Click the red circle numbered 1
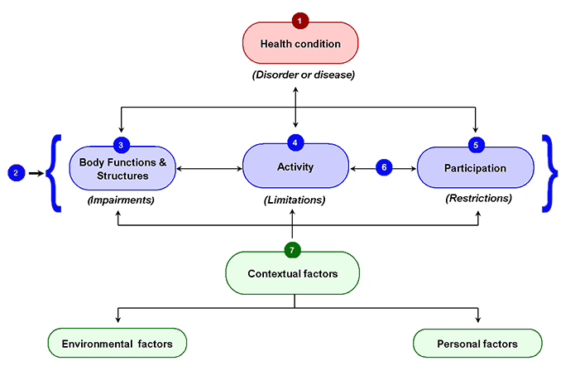click(300, 21)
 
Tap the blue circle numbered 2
click(17, 173)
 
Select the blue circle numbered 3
click(121, 145)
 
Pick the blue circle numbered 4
click(295, 142)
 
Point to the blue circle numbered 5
click(476, 145)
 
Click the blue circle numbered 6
click(384, 167)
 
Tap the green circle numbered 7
click(292, 250)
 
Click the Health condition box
click(300, 43)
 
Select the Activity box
click(295, 166)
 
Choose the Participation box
click(475, 167)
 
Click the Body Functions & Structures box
click(122, 168)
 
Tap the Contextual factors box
click(292, 273)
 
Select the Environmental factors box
click(117, 343)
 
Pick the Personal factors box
click(477, 344)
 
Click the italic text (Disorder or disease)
click(304, 75)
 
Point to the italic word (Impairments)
click(121, 200)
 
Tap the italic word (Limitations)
click(295, 200)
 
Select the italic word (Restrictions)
click(478, 198)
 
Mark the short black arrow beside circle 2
click(36, 173)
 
